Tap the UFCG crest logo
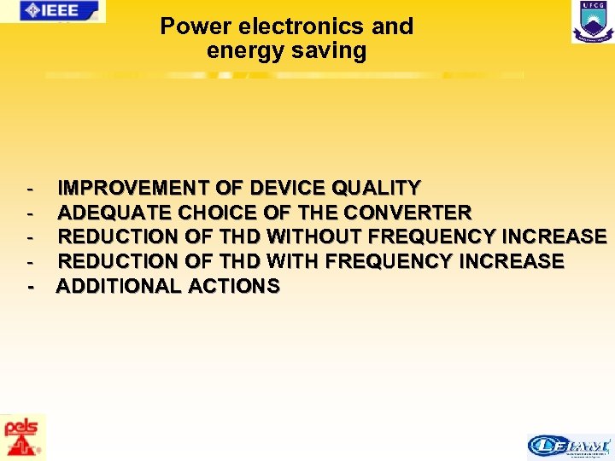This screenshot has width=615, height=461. pos(593,21)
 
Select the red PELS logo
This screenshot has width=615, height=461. pos(23,437)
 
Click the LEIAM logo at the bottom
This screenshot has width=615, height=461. pos(570,446)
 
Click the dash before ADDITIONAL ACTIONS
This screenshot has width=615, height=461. pos(31,286)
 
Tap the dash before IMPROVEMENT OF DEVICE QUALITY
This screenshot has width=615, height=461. pos(31,188)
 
